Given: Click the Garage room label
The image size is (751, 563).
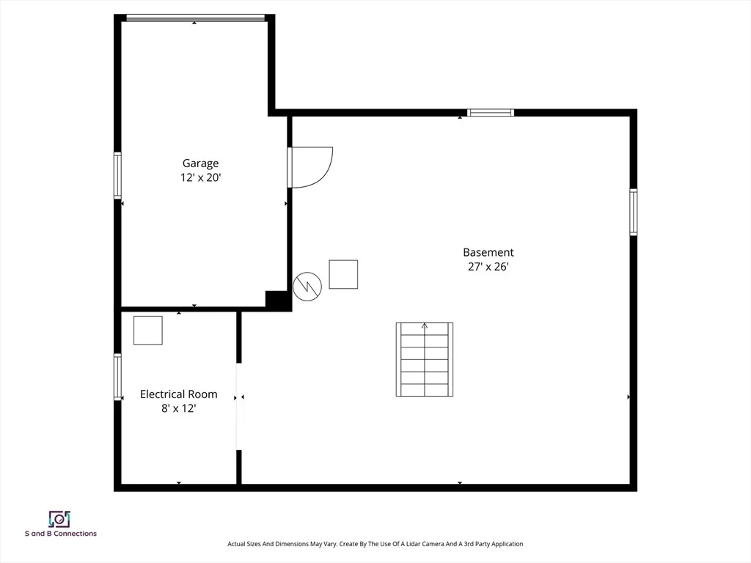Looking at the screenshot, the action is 200,163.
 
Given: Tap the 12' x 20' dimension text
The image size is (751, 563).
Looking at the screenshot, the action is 200,177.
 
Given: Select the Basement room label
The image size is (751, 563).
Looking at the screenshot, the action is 488,252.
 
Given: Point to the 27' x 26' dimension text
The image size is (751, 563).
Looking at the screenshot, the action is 488,267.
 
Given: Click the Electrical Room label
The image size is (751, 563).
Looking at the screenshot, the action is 179,394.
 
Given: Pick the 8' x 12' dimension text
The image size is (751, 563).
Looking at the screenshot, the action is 179,408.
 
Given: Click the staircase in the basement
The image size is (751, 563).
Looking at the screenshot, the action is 425,359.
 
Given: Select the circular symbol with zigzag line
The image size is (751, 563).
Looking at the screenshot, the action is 307,287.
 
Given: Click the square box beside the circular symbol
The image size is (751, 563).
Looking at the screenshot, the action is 343,274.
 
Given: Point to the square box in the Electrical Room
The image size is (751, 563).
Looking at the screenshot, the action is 148,331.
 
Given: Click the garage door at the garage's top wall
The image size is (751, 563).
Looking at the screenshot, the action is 195,18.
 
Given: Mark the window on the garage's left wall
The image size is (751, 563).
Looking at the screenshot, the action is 117,175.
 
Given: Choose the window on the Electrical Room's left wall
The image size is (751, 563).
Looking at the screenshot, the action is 117,377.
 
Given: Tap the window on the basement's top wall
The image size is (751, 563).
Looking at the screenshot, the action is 491,113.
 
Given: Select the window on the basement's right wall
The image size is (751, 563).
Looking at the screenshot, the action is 633,212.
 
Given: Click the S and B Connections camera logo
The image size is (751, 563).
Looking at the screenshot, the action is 59,519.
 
